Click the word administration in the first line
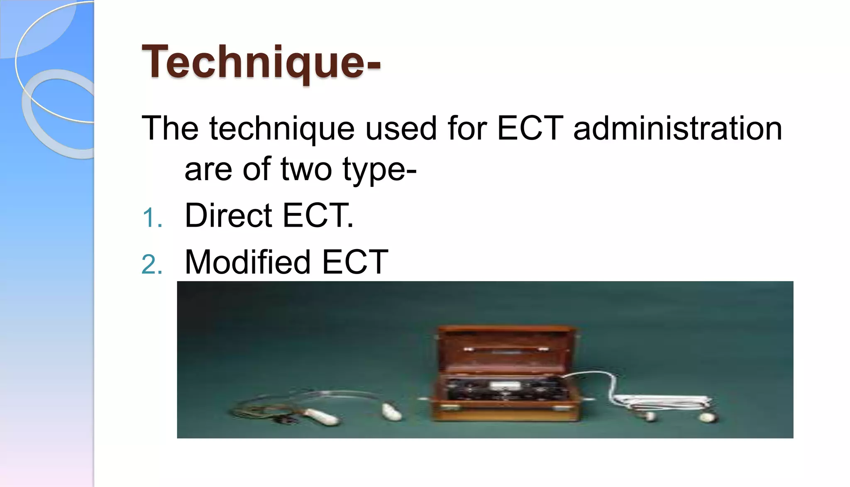[x=677, y=128]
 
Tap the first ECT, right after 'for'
[x=530, y=128]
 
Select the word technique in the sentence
[x=281, y=128]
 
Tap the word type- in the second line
[x=379, y=170]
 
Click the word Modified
[x=248, y=262]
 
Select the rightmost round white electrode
[x=706, y=417]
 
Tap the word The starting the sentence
[x=170, y=128]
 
